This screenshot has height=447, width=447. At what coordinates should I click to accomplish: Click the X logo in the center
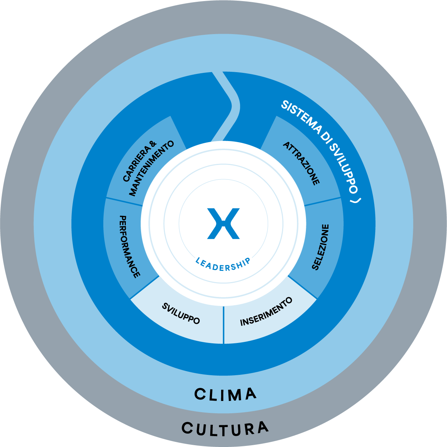tap(223, 223)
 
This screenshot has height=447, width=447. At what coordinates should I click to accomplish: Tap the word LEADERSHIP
tap(223, 265)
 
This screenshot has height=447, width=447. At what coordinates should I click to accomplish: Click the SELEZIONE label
tap(320, 247)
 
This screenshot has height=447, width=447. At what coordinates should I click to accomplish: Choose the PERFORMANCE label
tap(129, 247)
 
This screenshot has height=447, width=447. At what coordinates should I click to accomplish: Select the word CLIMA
tap(225, 394)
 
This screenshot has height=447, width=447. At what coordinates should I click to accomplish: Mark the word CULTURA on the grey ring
tap(225, 429)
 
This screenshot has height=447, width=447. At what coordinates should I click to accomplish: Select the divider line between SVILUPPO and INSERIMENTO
tap(223, 324)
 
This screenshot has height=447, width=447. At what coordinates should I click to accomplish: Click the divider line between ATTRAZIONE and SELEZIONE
tap(323, 202)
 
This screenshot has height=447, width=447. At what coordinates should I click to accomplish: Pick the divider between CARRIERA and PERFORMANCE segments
tap(124, 202)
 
